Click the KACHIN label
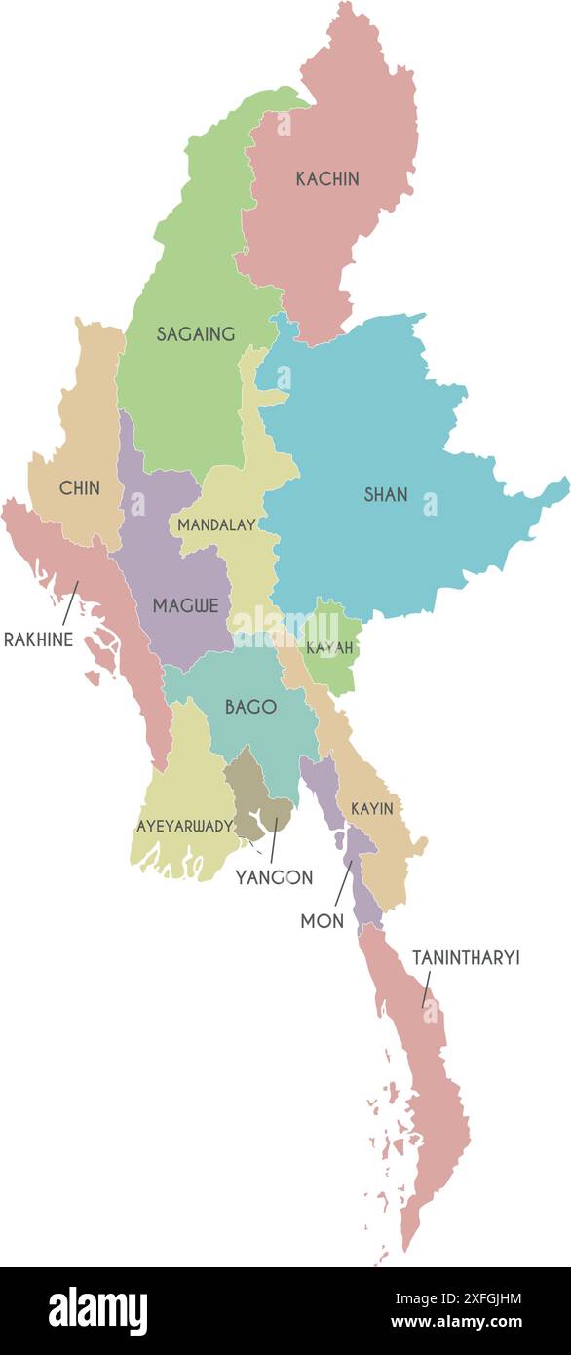click(x=327, y=179)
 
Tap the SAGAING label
click(x=196, y=334)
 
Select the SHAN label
click(x=386, y=495)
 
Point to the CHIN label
click(x=80, y=488)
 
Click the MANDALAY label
click(x=216, y=524)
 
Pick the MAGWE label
click(x=185, y=605)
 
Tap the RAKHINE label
click(x=38, y=640)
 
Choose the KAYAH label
click(x=329, y=648)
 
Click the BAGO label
click(x=250, y=707)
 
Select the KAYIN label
click(x=372, y=808)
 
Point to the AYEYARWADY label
click(x=184, y=826)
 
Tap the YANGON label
click(x=274, y=877)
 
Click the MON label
click(x=323, y=921)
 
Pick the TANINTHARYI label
click(x=466, y=958)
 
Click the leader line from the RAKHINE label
click(x=70, y=602)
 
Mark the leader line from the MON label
click(x=343, y=883)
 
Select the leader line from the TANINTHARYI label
click(x=427, y=988)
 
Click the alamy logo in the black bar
click(x=97, y=1311)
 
